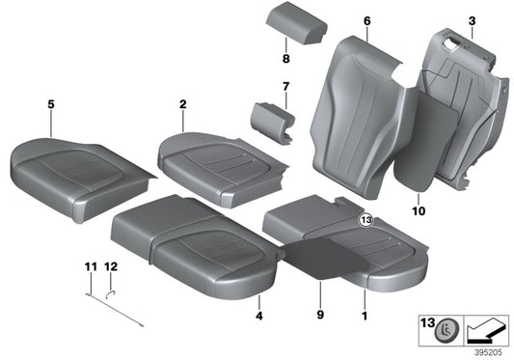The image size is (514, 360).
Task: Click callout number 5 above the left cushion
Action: click(49, 100)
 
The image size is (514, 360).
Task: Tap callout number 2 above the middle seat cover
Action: click(181, 100)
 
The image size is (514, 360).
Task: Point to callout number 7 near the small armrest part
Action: click(285, 88)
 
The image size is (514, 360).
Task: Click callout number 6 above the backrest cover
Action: click(366, 20)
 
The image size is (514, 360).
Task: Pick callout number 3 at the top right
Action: click(472, 20)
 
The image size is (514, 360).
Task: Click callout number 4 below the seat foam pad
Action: click(258, 315)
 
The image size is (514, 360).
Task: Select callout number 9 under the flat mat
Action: click(321, 315)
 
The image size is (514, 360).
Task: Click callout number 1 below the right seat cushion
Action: click(364, 315)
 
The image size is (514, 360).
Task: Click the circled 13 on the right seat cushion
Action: click(365, 221)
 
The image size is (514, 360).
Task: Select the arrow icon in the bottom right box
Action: click(488, 329)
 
